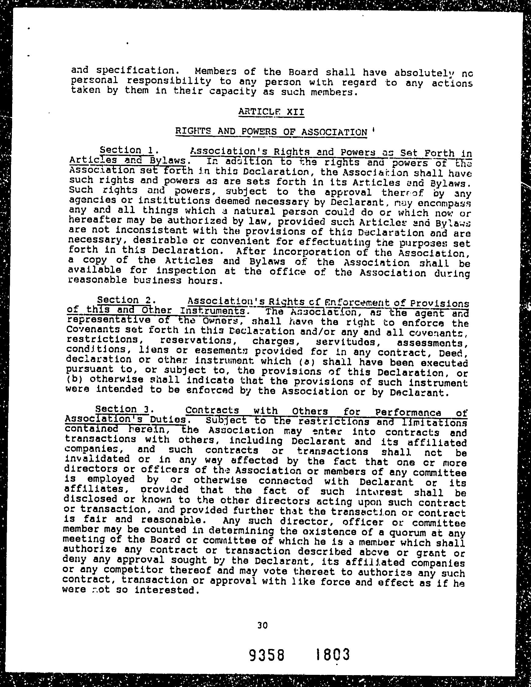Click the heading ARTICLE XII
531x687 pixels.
click(x=271, y=112)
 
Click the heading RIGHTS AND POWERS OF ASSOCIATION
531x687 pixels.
click(x=271, y=132)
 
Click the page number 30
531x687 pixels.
click(x=262, y=625)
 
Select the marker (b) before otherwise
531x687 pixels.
click(x=74, y=380)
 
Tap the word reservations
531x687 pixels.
click(x=196, y=341)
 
